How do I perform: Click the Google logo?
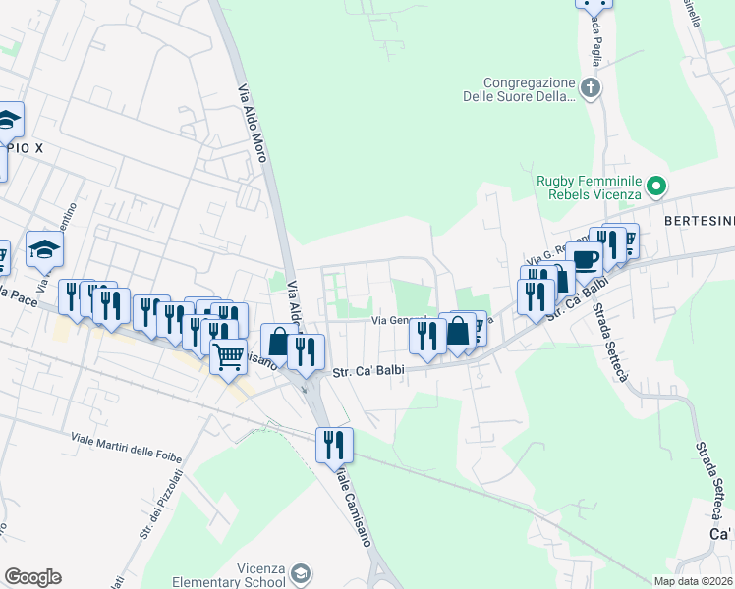[32, 577]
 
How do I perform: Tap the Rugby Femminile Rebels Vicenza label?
[589, 187]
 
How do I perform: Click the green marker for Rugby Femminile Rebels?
[660, 184]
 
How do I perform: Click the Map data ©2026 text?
[692, 581]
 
